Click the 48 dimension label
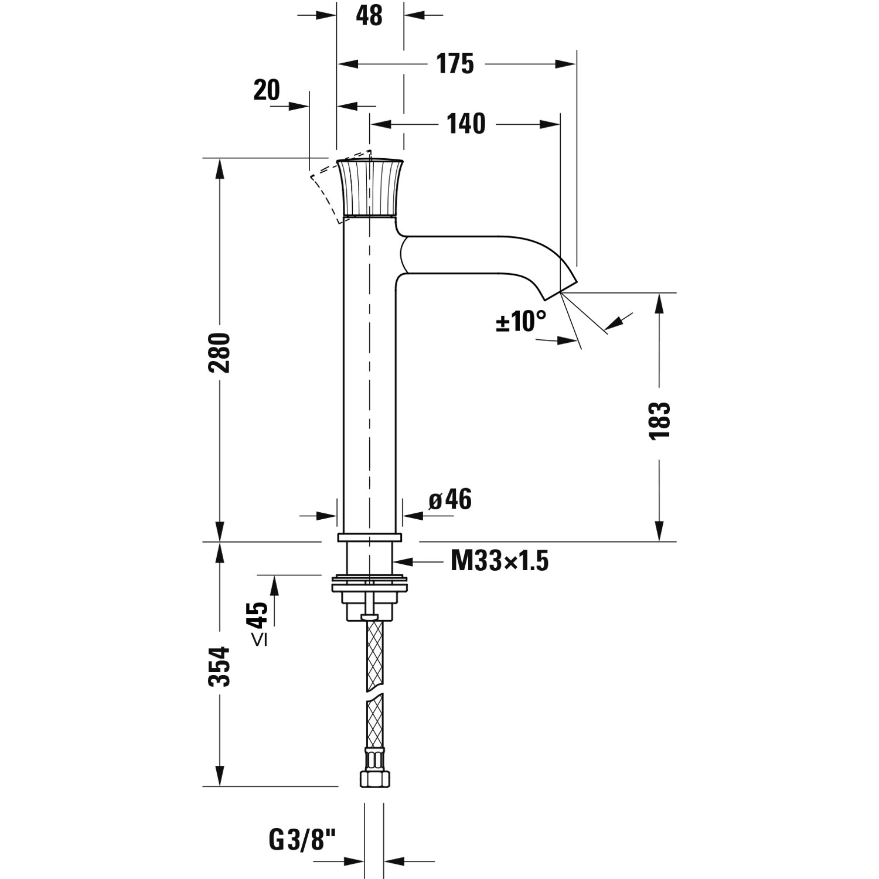coord(369,16)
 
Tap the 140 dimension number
coord(466,124)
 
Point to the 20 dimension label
coord(267,91)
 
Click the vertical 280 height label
coord(220,353)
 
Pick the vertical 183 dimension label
coord(659,420)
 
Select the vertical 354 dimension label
coord(220,666)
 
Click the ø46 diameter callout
coord(450,500)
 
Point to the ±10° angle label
coord(521,321)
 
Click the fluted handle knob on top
coord(369,188)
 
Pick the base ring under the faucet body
coord(369,537)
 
